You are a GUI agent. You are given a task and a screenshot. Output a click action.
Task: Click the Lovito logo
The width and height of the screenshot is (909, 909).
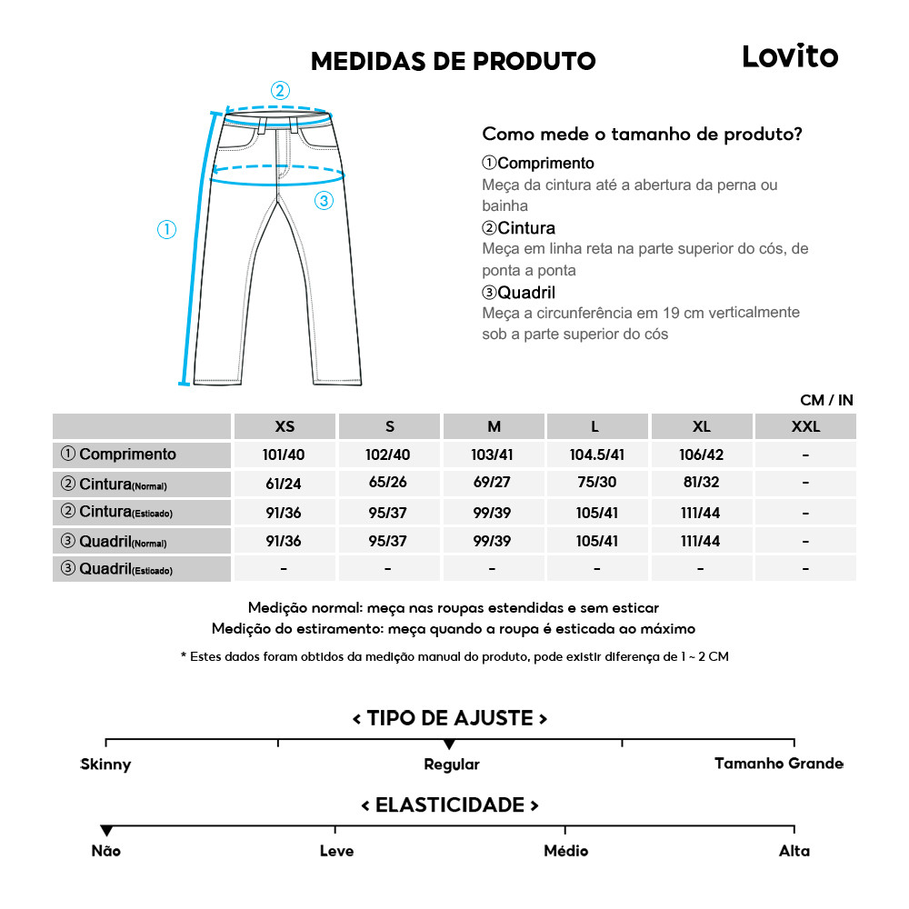coord(790,56)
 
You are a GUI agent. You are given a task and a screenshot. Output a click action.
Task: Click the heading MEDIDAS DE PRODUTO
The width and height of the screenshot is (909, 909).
coord(453,62)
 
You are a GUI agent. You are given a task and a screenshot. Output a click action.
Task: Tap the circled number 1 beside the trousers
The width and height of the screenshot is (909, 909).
coord(166,230)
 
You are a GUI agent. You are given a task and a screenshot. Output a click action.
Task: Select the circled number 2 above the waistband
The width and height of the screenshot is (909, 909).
coord(280,90)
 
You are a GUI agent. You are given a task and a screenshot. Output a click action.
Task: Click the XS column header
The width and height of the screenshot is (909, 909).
coord(285,426)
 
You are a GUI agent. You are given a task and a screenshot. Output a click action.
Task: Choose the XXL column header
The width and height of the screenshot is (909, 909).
coord(804,426)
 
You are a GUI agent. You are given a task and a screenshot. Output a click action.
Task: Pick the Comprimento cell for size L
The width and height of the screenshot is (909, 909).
coord(596,454)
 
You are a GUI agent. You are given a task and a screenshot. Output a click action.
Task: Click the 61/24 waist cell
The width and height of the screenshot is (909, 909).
coord(285,484)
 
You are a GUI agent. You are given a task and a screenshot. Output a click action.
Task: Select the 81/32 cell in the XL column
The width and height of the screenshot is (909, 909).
coord(701,484)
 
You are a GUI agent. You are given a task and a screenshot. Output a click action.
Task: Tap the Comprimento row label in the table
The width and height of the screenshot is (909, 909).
coord(118,454)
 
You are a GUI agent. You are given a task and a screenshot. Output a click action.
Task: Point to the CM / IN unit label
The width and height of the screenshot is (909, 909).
coord(826,400)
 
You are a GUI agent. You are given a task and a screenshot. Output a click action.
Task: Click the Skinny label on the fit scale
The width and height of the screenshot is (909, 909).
coord(105,764)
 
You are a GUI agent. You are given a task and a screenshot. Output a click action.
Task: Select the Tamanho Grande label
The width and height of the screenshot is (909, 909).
coord(778,764)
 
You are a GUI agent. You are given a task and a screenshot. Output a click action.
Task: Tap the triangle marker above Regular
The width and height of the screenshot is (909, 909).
coord(449,745)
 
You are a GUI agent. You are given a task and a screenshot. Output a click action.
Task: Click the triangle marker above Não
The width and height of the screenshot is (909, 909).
coord(106,831)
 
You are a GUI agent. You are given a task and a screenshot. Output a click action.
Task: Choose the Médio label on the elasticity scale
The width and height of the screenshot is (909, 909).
coord(565,851)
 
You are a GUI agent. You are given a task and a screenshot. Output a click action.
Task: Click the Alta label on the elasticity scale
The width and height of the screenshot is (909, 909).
coord(794,851)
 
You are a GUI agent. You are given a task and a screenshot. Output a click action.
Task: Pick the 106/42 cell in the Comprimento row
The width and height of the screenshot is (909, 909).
coord(701,454)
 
